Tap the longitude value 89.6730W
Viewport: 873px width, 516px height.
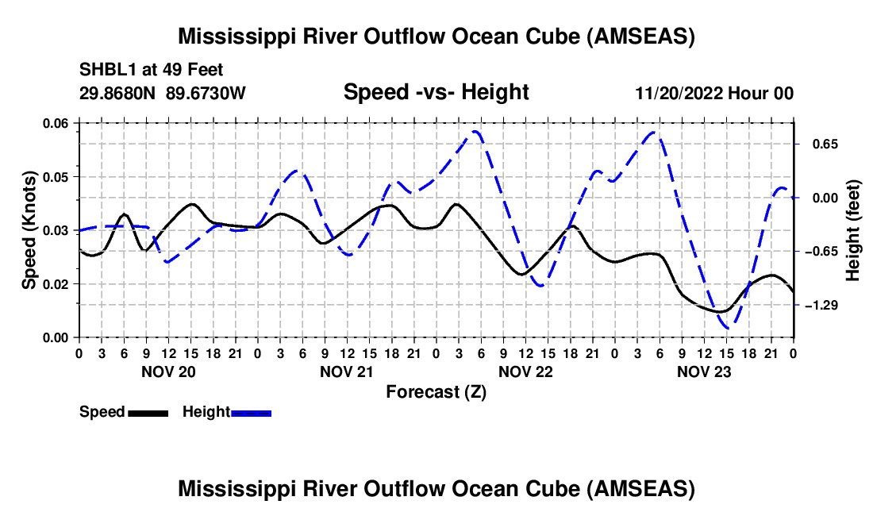pos(206,93)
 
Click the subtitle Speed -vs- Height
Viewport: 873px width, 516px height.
pos(436,92)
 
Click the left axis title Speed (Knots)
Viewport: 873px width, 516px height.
pos(29,229)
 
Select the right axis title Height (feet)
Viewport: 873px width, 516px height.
pos(853,230)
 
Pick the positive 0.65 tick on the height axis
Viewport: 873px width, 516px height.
pos(822,144)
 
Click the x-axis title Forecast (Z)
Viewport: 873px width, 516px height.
pos(436,391)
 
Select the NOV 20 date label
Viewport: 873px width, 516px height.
pos(167,371)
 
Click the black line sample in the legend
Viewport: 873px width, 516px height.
pos(148,412)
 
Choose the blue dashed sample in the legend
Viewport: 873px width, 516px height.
pos(251,412)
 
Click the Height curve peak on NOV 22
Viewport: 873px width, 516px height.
pos(475,132)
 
